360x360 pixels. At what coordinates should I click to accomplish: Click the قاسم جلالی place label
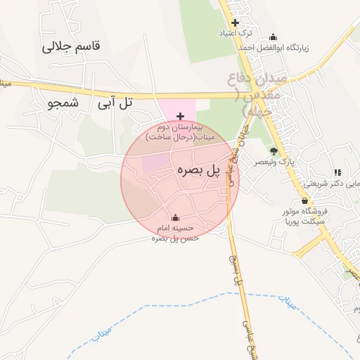(x=72, y=46)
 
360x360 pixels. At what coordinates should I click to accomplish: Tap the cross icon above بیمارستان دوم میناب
(x=180, y=116)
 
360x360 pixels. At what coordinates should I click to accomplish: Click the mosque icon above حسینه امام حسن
(x=175, y=217)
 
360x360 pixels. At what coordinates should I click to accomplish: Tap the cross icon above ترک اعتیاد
(x=236, y=22)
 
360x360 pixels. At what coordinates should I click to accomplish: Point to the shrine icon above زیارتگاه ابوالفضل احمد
(x=274, y=37)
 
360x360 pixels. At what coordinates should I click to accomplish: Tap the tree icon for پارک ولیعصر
(x=274, y=151)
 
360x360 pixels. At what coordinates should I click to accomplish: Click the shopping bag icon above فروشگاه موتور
(x=304, y=200)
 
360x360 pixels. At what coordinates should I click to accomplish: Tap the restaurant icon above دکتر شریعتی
(x=337, y=172)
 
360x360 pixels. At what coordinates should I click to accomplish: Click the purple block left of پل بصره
(x=155, y=162)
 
